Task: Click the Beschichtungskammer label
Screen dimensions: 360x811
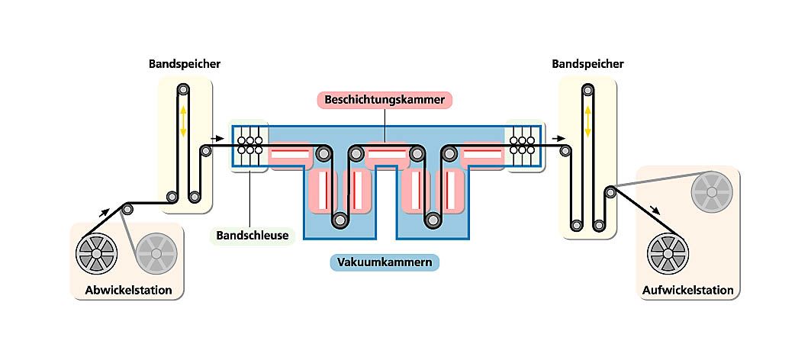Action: (x=385, y=100)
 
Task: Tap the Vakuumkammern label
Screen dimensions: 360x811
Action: (x=388, y=263)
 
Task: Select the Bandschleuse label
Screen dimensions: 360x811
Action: (x=251, y=235)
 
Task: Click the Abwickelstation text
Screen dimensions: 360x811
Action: (x=128, y=290)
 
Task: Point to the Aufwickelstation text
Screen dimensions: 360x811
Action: (x=688, y=290)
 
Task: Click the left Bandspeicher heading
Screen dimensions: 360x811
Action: (x=184, y=64)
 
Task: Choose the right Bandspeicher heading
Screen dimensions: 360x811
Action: (x=587, y=64)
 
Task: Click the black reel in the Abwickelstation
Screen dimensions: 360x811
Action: (x=97, y=250)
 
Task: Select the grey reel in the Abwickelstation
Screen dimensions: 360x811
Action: (x=156, y=252)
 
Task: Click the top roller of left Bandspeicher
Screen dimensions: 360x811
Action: (x=183, y=89)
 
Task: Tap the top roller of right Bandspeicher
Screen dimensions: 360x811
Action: (x=587, y=89)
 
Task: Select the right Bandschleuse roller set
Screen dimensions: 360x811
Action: (x=523, y=145)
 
